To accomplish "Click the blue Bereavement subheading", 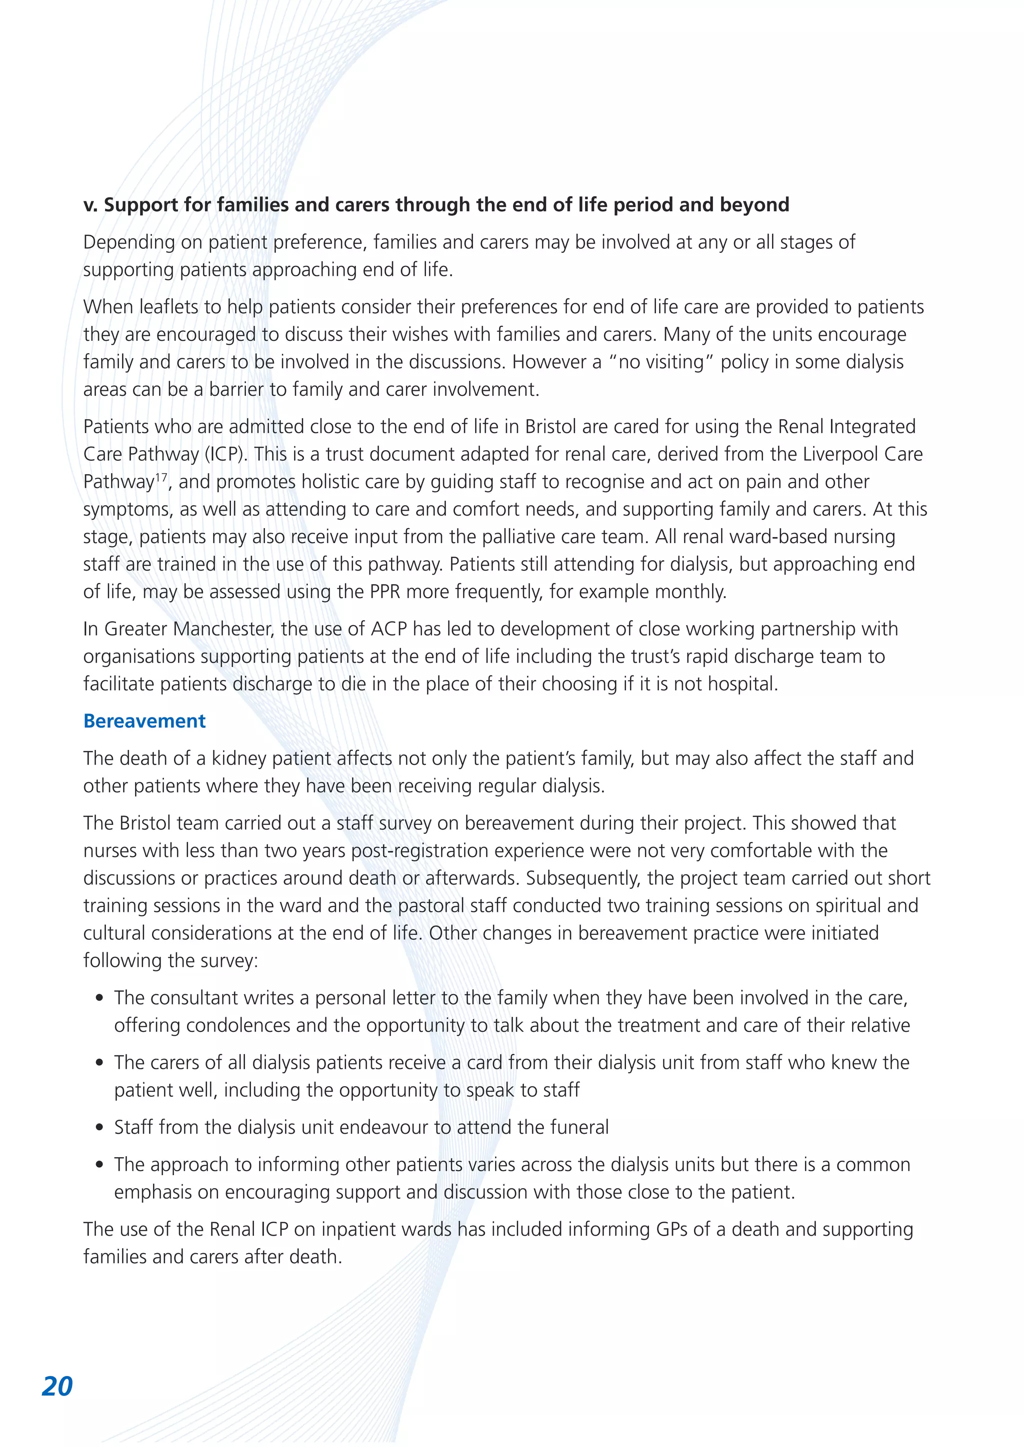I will (x=144, y=721).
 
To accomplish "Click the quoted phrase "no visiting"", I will (x=661, y=362).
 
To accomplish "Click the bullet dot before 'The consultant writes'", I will (x=99, y=999).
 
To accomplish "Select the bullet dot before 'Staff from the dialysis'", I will (x=99, y=1128).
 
